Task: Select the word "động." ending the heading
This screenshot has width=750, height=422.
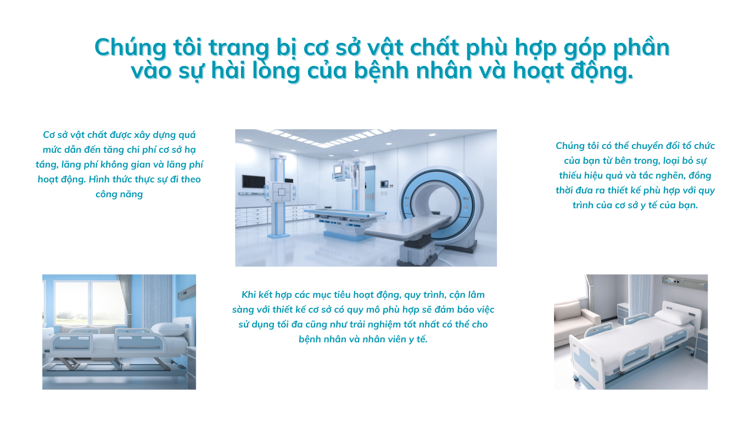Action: pyautogui.click(x=602, y=71)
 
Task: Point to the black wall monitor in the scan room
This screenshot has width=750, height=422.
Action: pyautogui.click(x=254, y=181)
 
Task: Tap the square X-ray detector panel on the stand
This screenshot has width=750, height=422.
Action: pyautogui.click(x=282, y=192)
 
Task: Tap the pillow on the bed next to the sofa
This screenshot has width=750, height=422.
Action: pyautogui.click(x=674, y=316)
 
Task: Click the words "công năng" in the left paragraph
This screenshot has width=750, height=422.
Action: pyautogui.click(x=119, y=194)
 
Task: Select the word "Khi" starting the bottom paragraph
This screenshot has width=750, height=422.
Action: pyautogui.click(x=248, y=295)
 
